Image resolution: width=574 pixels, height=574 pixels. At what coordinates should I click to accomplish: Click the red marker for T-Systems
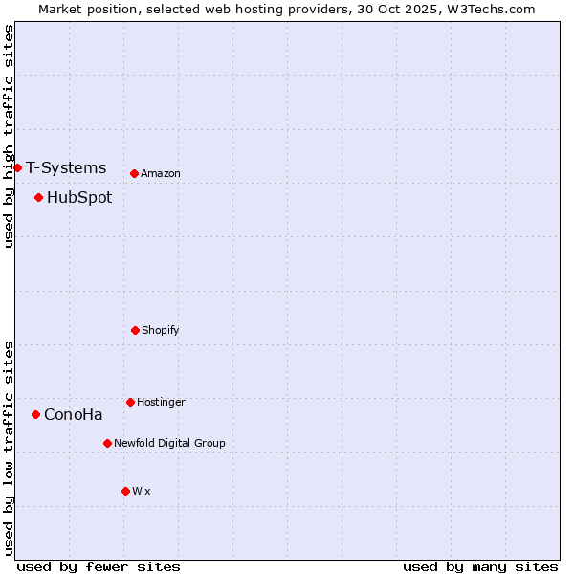click(17, 168)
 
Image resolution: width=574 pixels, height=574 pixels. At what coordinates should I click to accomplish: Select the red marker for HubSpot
click(38, 198)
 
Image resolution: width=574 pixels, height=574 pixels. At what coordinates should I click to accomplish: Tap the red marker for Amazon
click(134, 173)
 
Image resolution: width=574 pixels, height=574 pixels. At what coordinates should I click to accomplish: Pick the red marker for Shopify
click(135, 330)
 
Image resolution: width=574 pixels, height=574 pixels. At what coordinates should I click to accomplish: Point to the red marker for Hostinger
click(130, 402)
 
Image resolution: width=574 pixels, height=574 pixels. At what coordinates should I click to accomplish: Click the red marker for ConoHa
click(35, 414)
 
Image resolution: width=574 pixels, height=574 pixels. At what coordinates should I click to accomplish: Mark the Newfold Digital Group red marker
click(107, 443)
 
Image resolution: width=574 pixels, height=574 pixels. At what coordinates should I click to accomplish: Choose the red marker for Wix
click(125, 491)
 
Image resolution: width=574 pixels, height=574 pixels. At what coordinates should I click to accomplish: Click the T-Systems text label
click(66, 168)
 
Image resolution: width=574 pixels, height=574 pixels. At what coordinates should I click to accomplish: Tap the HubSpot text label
click(79, 198)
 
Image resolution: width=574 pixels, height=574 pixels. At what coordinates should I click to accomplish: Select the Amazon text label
click(161, 173)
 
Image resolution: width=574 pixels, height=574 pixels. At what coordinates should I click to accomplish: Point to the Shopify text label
click(161, 330)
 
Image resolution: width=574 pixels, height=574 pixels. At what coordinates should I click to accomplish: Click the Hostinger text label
click(161, 402)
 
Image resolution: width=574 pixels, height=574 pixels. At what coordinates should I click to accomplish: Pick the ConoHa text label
click(74, 414)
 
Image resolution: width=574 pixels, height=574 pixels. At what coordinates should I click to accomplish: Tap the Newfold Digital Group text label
click(169, 443)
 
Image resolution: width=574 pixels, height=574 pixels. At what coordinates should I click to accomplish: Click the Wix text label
click(142, 491)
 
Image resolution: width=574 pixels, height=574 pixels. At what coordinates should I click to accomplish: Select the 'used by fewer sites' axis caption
click(99, 566)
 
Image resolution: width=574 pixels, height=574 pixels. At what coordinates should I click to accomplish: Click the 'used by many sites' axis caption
click(480, 566)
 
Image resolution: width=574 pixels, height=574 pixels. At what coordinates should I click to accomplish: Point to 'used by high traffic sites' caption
click(10, 136)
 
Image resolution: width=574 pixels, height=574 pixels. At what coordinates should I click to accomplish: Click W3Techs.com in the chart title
click(488, 9)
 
